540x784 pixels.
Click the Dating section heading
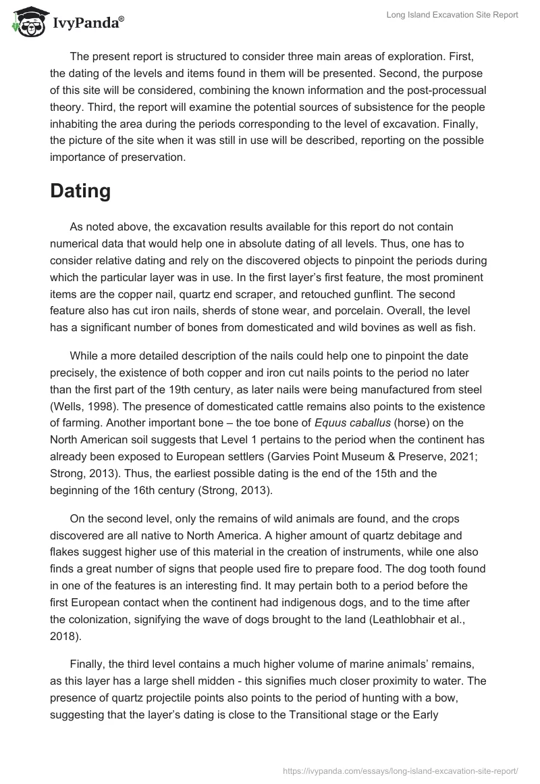tap(80, 191)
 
